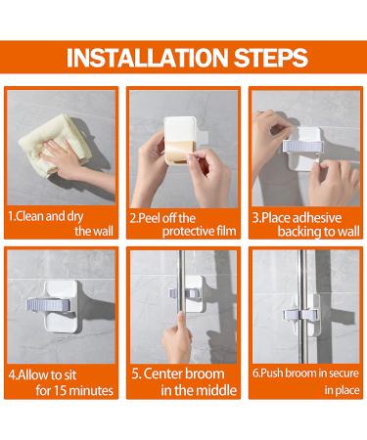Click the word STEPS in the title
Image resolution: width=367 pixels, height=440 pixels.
point(261,58)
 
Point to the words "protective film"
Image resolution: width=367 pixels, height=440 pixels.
point(192,231)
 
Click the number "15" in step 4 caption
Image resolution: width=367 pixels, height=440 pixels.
point(62,390)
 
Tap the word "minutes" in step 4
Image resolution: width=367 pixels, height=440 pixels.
point(92,390)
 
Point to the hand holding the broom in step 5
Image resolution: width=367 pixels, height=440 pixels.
point(173,341)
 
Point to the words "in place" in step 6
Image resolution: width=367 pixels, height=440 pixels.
point(342,390)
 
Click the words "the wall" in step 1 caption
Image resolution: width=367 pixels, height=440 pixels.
point(93,231)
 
